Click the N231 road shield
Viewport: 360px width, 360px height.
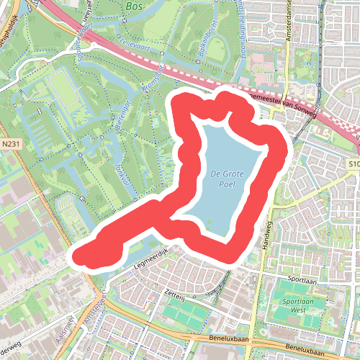tap(10, 144)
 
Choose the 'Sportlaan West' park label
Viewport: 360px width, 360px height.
tap(297, 306)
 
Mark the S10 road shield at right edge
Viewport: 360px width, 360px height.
tap(354, 165)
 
